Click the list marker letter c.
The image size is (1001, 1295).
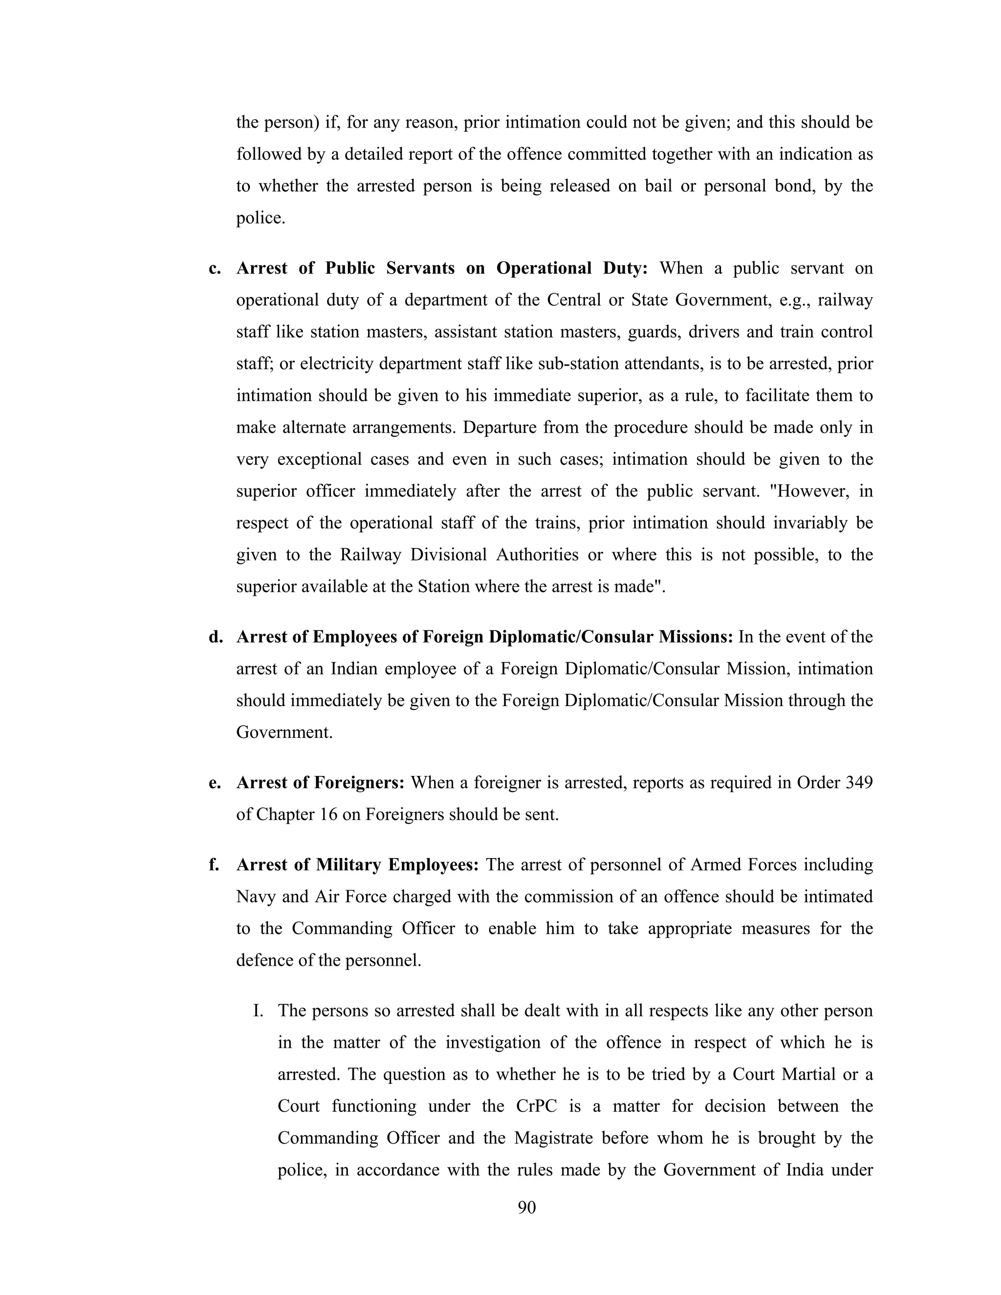(x=215, y=269)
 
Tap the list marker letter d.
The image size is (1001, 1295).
(x=215, y=637)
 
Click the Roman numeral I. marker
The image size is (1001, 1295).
(x=258, y=1011)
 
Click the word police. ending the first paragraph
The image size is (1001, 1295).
(x=261, y=218)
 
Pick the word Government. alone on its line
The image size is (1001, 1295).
(x=284, y=733)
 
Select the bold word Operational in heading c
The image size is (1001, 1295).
(x=544, y=269)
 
